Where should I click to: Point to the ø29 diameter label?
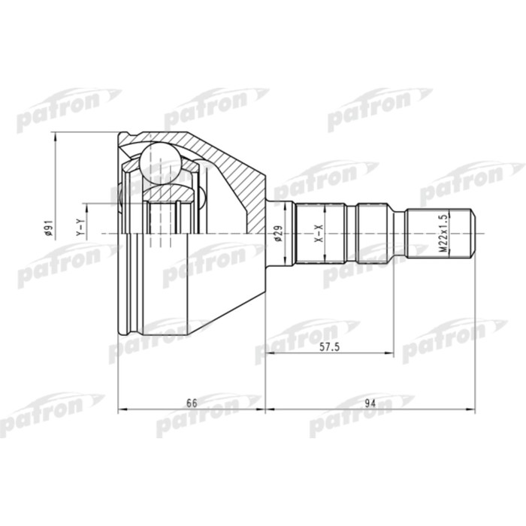coord(277,235)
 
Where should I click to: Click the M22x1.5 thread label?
coord(443,235)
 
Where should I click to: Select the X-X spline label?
coord(318,236)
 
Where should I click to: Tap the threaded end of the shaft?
coord(442,234)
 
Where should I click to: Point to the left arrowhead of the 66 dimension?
coord(122,410)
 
